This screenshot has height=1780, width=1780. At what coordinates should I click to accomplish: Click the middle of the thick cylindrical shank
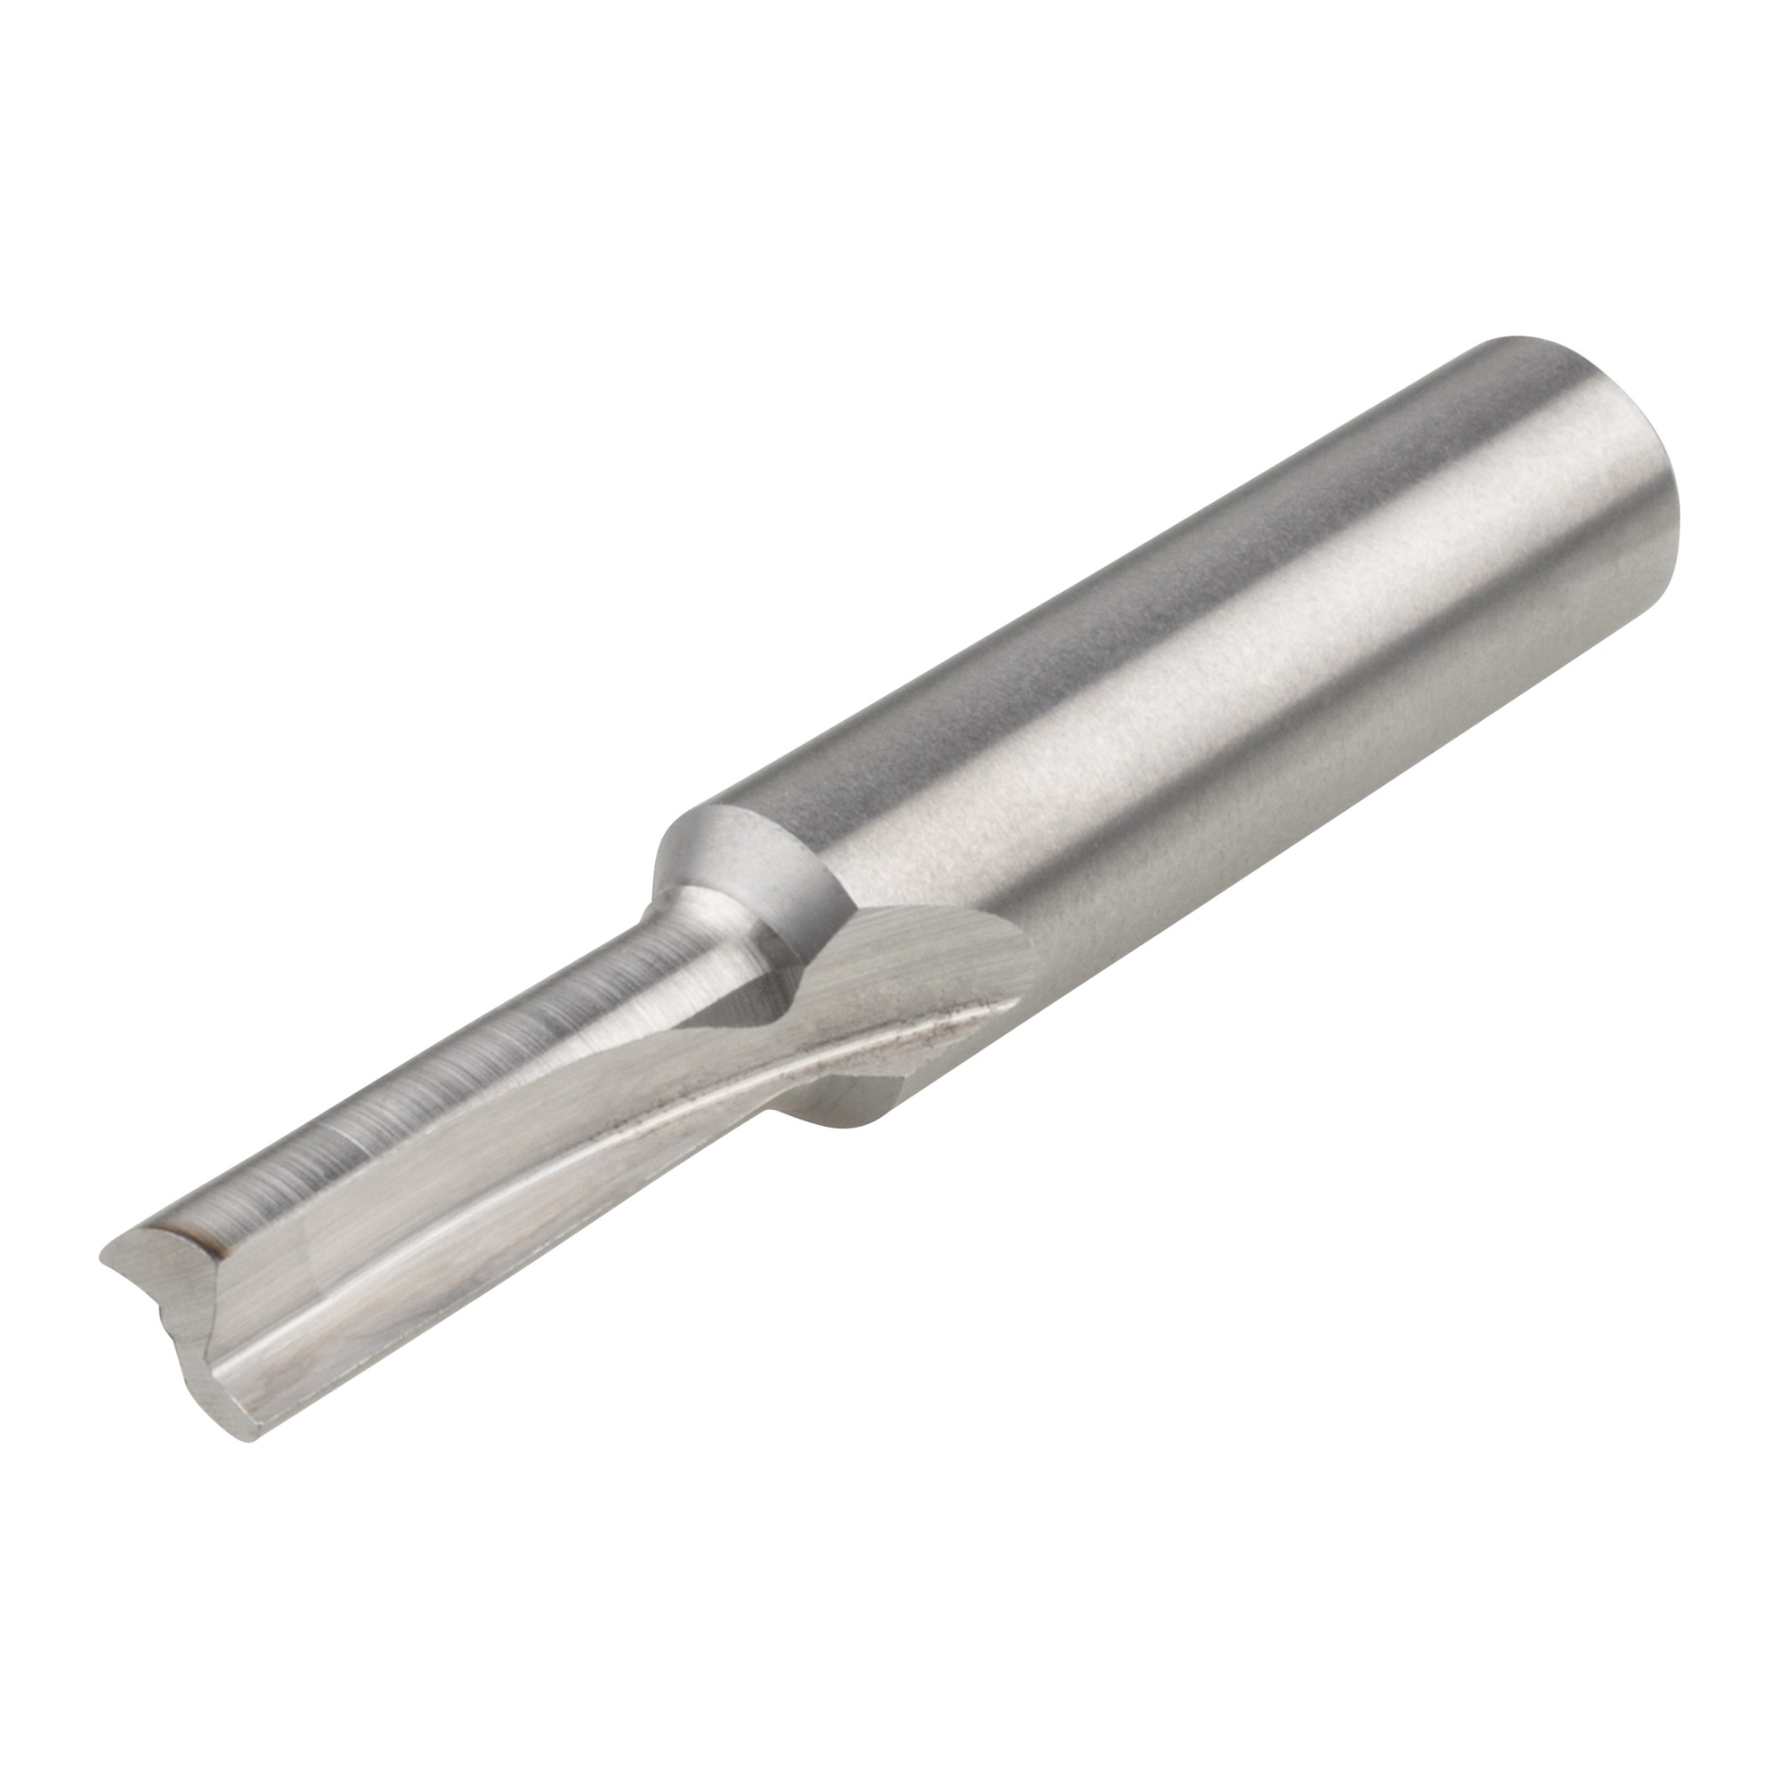[x=1198, y=737]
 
